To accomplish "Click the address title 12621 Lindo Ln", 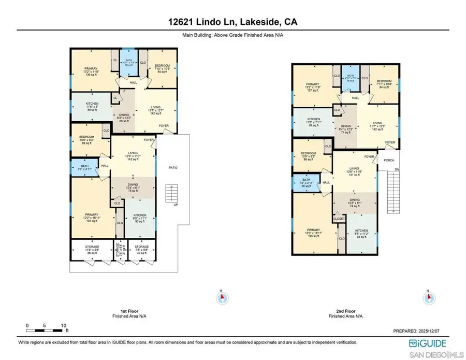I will pyautogui.click(x=232, y=22).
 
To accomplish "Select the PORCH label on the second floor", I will pyautogui.click(x=389, y=160).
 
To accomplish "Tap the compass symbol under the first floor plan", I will pyautogui.click(x=222, y=297).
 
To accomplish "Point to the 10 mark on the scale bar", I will pyautogui.click(x=63, y=326).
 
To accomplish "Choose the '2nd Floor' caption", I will pyautogui.click(x=345, y=311).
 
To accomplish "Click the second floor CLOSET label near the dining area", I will pyautogui.click(x=339, y=219).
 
